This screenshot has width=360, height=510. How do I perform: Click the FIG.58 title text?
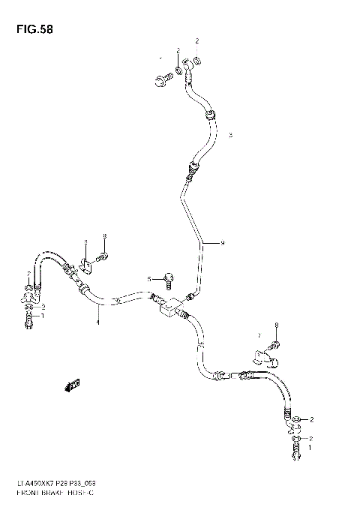click(x=31, y=29)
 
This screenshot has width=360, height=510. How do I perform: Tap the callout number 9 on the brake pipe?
click(x=222, y=242)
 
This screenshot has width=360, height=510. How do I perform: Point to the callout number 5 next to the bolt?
click(x=149, y=279)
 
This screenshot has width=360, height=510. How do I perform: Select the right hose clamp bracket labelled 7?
click(x=262, y=353)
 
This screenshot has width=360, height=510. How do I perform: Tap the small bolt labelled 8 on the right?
click(x=275, y=344)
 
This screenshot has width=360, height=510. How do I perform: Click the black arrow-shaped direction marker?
click(x=72, y=385)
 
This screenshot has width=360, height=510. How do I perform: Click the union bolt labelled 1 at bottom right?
click(x=296, y=450)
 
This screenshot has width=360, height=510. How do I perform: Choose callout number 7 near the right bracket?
click(x=258, y=335)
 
